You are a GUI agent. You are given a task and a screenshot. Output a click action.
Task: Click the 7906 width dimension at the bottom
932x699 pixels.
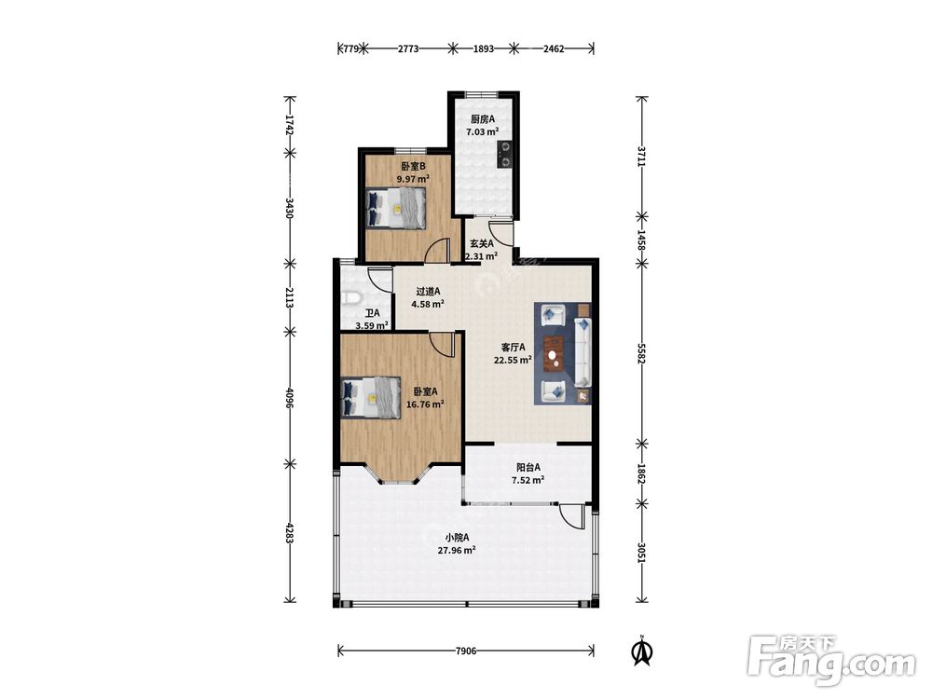point(466,651)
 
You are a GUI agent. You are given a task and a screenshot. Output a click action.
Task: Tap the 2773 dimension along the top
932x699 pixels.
point(408,48)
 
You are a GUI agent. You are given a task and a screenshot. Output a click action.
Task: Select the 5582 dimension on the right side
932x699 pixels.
point(641,353)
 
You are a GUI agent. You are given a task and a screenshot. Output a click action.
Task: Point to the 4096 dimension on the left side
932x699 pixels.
point(290,398)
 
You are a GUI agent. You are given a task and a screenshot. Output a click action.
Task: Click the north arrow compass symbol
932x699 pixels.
point(642,651)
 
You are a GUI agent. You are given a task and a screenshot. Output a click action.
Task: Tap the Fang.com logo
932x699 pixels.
point(831,660)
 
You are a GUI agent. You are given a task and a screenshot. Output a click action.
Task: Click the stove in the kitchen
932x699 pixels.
point(504,154)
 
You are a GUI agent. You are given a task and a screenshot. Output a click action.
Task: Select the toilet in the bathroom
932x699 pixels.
point(351,298)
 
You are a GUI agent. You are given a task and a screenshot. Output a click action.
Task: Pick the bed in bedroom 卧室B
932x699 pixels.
point(395,208)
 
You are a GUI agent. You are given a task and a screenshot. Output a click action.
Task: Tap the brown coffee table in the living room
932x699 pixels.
point(554,354)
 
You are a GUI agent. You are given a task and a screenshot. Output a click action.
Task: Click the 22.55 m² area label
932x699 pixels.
point(513,360)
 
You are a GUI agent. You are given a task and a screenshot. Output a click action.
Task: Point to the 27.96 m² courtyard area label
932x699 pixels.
point(457,551)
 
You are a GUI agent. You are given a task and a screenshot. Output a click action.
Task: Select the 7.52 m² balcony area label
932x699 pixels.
point(528,480)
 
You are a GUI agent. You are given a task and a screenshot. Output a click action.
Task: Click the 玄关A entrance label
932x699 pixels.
point(482,243)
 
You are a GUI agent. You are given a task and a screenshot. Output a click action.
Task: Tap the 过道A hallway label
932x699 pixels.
point(428,291)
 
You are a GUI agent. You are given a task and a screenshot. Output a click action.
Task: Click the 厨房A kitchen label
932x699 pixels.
point(483,119)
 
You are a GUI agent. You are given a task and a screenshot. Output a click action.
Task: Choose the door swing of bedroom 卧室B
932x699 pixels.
point(437,250)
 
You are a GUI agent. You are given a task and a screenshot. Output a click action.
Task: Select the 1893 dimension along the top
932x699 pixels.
point(483,48)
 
